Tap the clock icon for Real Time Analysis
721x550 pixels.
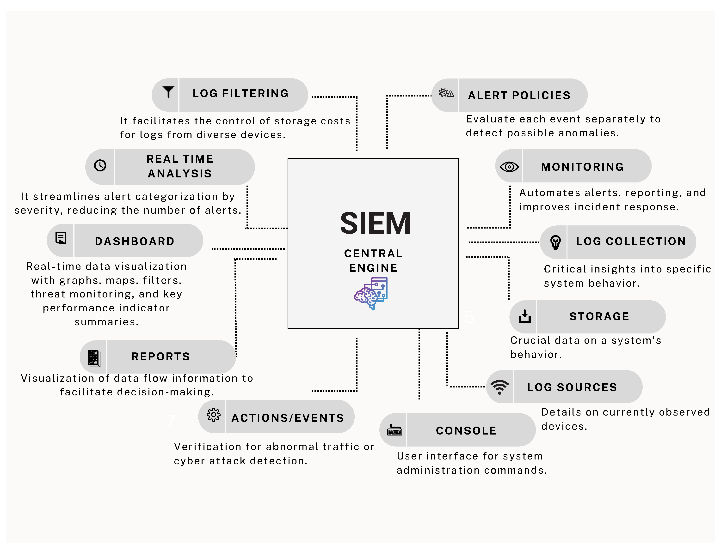(x=100, y=166)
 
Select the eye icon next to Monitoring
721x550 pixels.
(x=509, y=167)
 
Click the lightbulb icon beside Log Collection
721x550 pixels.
(x=555, y=242)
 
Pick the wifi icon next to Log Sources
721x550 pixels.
(x=499, y=387)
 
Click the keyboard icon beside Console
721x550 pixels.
(x=394, y=430)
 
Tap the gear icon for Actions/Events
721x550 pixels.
(x=214, y=415)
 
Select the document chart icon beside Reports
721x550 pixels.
(x=94, y=358)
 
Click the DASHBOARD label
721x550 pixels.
(x=135, y=241)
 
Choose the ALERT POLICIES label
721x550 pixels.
(x=519, y=95)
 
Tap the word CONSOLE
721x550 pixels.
(x=466, y=430)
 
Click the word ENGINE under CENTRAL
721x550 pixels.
(x=373, y=268)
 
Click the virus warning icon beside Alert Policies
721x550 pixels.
(x=446, y=93)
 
